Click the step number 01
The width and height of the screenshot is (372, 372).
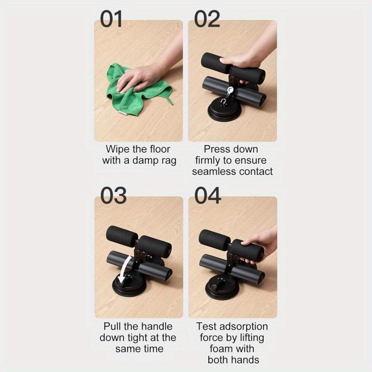pos(112,19)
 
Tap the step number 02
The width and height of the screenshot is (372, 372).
pos(207,19)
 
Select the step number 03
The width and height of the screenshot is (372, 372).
pos(113,195)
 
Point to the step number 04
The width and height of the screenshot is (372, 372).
pos(208,195)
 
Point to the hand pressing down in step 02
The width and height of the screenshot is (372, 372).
pos(242,60)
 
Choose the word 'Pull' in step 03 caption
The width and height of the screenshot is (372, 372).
pos(113,326)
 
